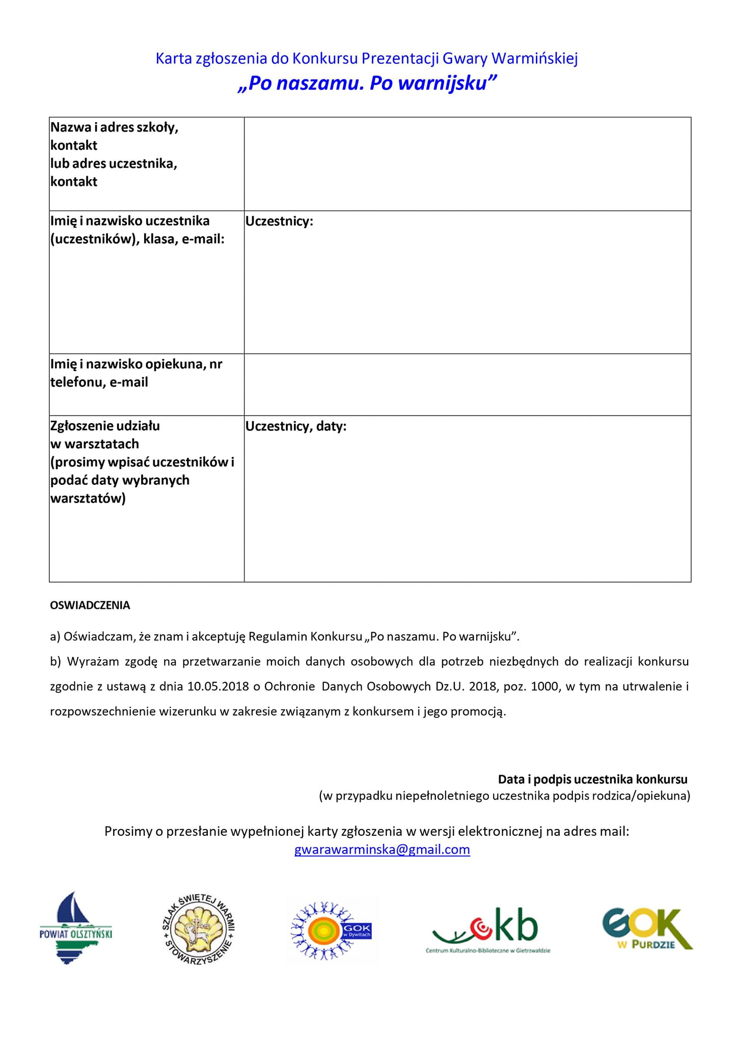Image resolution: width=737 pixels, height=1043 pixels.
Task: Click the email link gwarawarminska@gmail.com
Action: click(x=382, y=849)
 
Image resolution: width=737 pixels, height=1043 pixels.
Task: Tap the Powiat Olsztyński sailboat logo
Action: click(x=76, y=928)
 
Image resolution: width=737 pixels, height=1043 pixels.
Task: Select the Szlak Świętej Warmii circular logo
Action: click(x=198, y=929)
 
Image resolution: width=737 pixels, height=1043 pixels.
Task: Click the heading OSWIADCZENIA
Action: click(x=90, y=605)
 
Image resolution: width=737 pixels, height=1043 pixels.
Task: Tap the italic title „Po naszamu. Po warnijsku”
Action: click(x=367, y=83)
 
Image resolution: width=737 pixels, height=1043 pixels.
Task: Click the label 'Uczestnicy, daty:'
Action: click(x=296, y=426)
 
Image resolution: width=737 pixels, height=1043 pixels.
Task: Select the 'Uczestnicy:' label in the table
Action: click(x=279, y=221)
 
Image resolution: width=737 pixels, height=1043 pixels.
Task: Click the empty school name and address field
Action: click(x=467, y=163)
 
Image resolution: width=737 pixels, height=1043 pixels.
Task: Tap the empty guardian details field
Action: click(x=467, y=385)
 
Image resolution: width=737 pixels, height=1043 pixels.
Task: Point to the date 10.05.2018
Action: click(x=218, y=686)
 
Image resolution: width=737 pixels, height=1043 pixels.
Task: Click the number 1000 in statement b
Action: click(x=544, y=686)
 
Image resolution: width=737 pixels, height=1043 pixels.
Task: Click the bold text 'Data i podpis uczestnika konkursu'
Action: click(x=592, y=779)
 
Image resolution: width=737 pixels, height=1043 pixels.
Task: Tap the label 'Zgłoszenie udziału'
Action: click(x=105, y=426)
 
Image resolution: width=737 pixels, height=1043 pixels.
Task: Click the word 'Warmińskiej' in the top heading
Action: click(x=534, y=59)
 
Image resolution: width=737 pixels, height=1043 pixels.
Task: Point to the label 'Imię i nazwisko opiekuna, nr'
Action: click(x=136, y=364)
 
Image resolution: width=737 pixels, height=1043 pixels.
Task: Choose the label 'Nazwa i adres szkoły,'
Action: click(x=114, y=127)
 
